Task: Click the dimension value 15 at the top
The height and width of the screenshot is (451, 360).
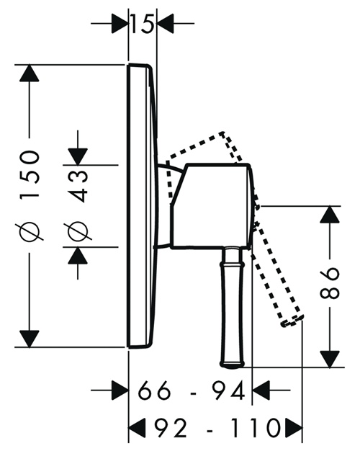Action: [x=142, y=23]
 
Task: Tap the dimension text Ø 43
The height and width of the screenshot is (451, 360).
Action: [x=78, y=205]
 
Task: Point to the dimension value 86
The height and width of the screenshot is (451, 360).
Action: [x=330, y=283]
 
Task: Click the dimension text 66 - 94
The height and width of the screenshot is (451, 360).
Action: [x=192, y=390]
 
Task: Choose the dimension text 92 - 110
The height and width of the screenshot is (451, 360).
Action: [x=217, y=427]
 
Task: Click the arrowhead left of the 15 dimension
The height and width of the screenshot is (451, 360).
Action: [x=120, y=23]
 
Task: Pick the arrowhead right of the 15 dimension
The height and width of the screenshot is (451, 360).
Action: [x=166, y=23]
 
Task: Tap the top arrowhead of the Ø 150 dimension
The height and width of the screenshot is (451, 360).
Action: [x=29, y=73]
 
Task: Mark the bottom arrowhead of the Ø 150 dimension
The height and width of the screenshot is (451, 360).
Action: [x=29, y=339]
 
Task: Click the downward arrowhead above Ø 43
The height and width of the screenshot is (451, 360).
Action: [x=78, y=156]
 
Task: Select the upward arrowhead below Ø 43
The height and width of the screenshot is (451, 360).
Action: [x=78, y=256]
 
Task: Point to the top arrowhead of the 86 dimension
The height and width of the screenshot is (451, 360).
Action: [x=330, y=215]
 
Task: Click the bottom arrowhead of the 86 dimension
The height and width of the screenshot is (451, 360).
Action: [x=330, y=359]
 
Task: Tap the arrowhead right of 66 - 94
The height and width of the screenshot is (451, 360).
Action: [x=261, y=390]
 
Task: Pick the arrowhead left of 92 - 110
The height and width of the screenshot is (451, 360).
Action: [x=137, y=427]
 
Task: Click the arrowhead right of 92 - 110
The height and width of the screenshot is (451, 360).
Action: [x=294, y=427]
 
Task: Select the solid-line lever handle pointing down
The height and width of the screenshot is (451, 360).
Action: [x=233, y=307]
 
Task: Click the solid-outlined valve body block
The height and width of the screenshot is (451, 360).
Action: [x=212, y=206]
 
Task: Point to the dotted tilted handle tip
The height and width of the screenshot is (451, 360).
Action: [x=292, y=321]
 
